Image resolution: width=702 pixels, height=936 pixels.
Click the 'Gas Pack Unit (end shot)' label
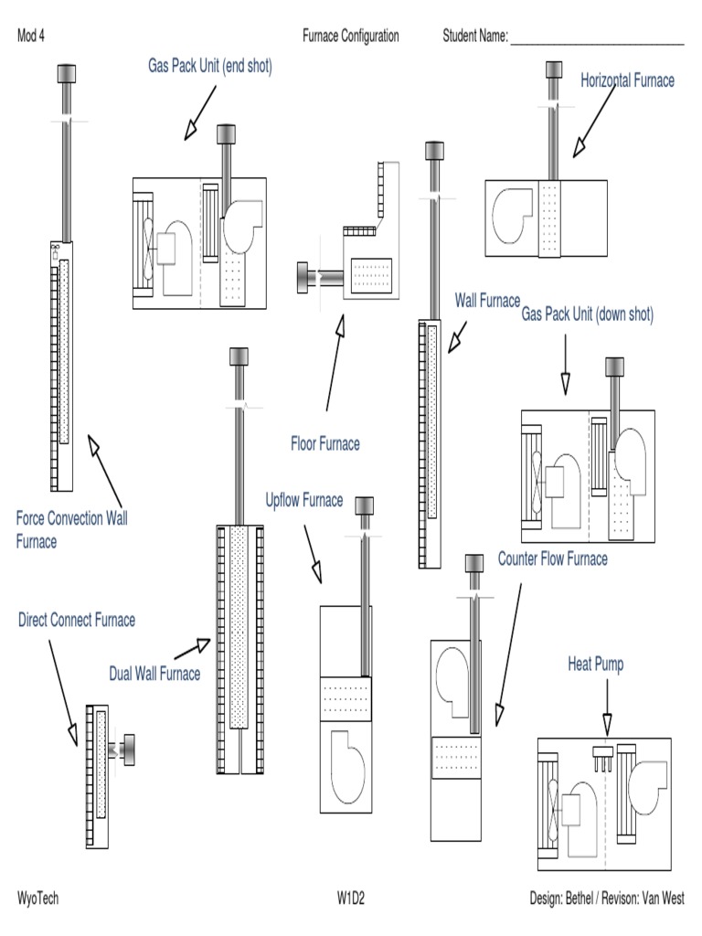(x=210, y=66)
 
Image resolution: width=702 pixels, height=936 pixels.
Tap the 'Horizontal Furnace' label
(x=627, y=80)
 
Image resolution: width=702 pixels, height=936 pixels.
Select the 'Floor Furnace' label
(x=324, y=444)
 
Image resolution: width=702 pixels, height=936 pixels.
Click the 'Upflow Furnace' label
(x=304, y=500)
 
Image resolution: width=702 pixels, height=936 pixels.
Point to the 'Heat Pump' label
(x=595, y=665)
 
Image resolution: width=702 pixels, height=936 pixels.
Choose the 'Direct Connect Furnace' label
(x=77, y=621)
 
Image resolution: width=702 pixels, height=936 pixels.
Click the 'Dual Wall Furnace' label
(x=154, y=675)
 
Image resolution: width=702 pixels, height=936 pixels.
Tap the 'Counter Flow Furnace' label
(x=552, y=558)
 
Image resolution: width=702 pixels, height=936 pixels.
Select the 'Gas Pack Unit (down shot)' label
(x=587, y=314)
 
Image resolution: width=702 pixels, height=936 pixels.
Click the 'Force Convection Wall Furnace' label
(x=71, y=530)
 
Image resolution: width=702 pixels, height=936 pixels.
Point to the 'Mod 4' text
(x=31, y=37)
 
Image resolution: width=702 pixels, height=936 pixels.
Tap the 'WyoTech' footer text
(x=37, y=899)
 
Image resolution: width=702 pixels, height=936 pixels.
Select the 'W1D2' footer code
(x=352, y=899)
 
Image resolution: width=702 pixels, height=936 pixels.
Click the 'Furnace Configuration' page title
(x=351, y=37)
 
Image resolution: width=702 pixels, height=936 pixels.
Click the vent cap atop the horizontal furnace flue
(x=553, y=70)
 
